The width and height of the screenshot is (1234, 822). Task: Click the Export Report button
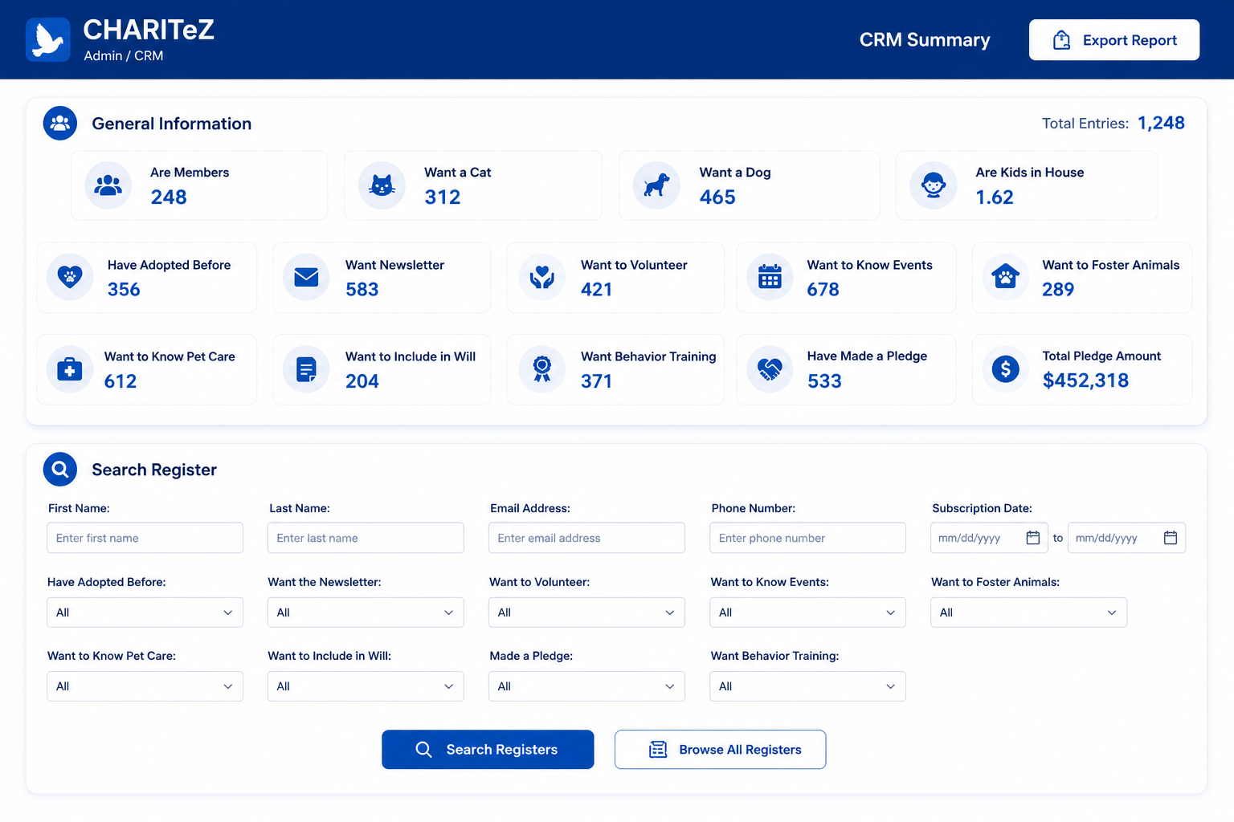point(1114,40)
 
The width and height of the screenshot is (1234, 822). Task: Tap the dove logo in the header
point(48,39)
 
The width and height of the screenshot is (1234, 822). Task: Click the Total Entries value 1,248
point(1161,123)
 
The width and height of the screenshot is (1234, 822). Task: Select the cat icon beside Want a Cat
point(382,185)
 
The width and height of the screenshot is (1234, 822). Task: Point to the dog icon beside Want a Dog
point(656,185)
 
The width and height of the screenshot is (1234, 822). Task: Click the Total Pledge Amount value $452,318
point(1085,380)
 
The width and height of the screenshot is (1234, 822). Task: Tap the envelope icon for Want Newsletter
point(306,277)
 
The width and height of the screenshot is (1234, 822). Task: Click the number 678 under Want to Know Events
point(823,289)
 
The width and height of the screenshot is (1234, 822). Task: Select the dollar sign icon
point(1005,369)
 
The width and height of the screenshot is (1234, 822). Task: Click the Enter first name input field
point(145,538)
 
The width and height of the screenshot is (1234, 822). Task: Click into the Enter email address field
point(586,538)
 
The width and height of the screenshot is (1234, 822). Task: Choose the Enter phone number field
point(807,538)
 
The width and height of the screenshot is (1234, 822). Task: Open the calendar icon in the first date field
point(1033,537)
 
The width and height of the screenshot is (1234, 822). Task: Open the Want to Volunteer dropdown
point(586,612)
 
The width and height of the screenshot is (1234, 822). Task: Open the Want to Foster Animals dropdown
point(1028,612)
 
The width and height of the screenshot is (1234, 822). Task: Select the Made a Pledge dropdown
point(586,686)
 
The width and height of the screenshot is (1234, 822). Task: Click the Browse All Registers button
point(720,749)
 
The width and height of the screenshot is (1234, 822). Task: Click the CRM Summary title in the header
point(925,39)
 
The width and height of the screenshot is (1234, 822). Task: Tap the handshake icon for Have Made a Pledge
point(770,369)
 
